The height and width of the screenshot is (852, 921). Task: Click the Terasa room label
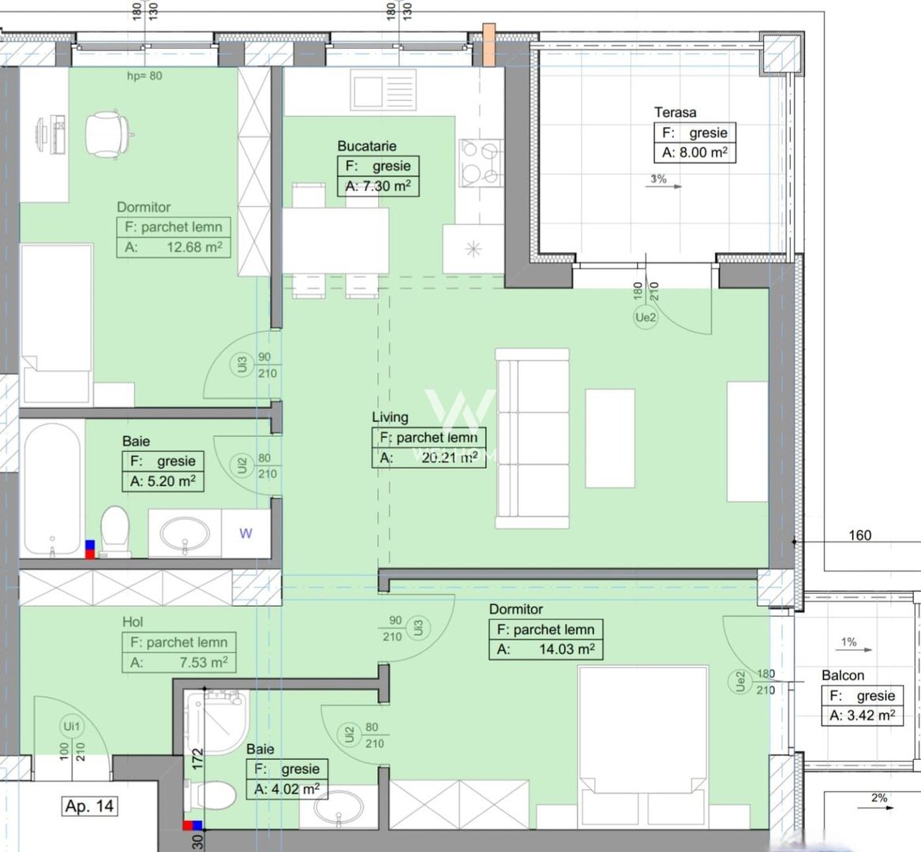pos(675,113)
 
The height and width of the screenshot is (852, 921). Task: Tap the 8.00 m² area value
pos(694,153)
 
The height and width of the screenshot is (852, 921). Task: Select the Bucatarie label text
pos(366,146)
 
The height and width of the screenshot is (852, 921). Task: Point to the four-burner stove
pos(481,163)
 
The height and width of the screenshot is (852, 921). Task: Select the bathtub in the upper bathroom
pos(51,488)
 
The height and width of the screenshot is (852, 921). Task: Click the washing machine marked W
pos(245,533)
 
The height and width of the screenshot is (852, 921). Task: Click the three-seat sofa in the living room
pos(532,439)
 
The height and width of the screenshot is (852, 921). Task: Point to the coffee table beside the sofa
pos(609,438)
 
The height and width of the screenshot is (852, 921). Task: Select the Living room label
pos(390,417)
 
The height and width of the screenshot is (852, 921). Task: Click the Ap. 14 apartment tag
pos(89,806)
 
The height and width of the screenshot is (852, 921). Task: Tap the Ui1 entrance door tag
pos(70,727)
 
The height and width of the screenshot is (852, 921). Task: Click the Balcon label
pos(842,675)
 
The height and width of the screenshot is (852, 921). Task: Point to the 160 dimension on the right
pos(859,535)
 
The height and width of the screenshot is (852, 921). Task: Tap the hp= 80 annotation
pos(144,77)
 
